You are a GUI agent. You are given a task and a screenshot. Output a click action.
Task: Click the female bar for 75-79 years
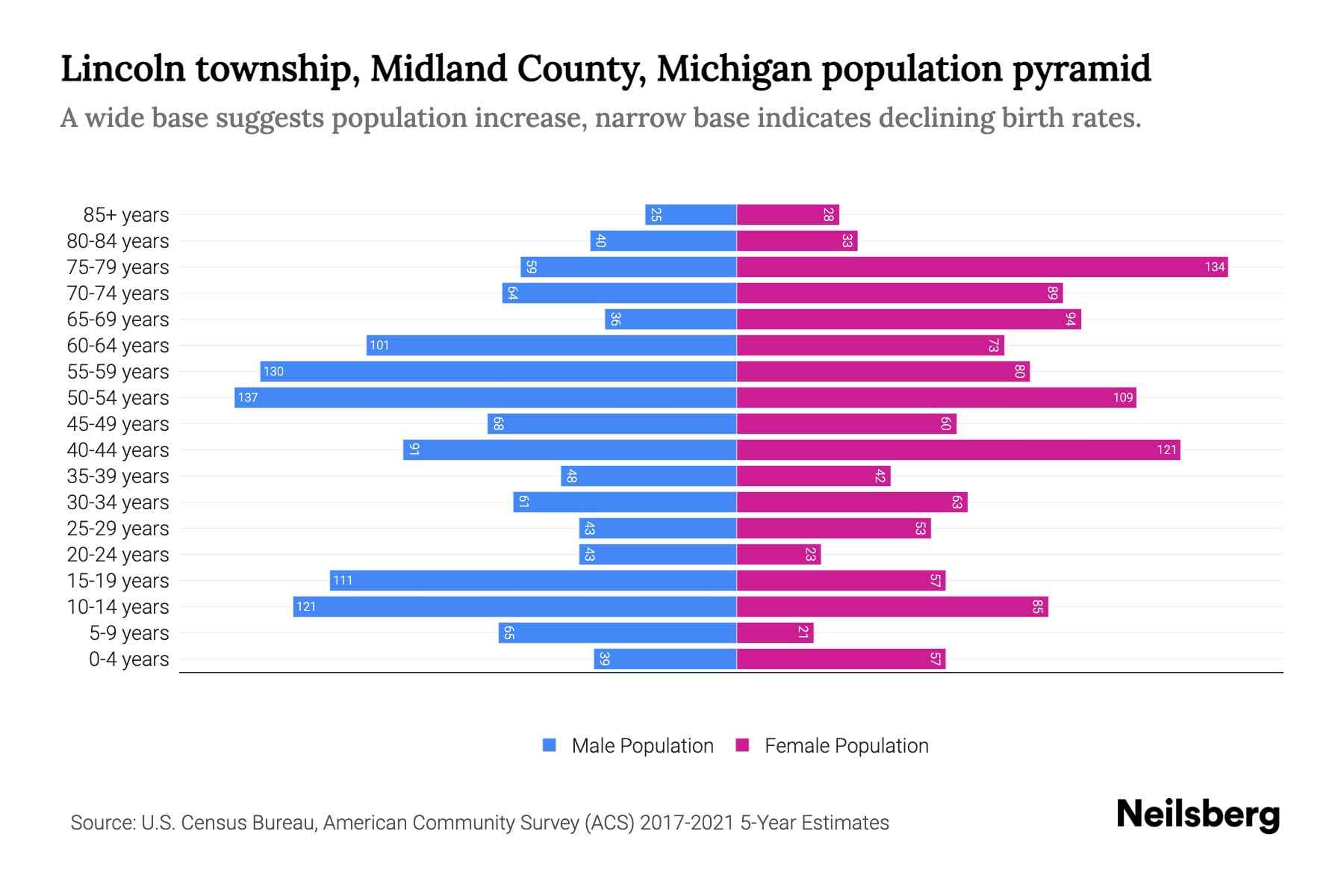coord(982,267)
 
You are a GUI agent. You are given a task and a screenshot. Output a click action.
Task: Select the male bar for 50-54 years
coord(485,397)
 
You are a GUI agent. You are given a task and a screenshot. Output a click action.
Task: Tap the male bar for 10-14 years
coord(515,606)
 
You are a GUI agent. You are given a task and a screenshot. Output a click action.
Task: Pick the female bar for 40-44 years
coord(958,449)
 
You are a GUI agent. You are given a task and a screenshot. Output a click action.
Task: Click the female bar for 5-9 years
coord(775,632)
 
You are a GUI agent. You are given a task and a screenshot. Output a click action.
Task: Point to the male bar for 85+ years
coord(691,214)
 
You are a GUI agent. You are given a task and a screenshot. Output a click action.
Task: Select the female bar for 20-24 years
coord(779,554)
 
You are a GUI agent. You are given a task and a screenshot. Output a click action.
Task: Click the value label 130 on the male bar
coord(273,371)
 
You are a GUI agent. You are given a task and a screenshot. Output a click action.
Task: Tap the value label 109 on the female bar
coord(1123,397)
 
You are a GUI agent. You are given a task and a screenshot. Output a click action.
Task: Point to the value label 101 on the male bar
coord(379,345)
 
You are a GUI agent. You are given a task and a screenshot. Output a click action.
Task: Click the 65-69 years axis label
coord(118,319)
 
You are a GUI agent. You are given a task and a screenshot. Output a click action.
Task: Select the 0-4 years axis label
coord(128,659)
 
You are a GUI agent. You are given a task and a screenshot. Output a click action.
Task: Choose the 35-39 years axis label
coord(118,476)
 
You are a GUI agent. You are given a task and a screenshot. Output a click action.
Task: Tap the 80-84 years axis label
coord(118,240)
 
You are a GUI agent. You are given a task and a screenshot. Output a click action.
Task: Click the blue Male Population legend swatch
coord(550,745)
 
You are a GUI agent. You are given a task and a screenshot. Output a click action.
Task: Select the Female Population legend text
coord(846,745)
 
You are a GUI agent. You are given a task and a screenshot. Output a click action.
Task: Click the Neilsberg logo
coord(1198,815)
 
